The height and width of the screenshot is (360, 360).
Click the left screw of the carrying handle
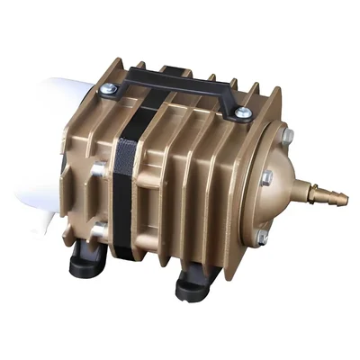tap(108, 88)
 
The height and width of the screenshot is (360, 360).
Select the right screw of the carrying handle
tap(243, 113)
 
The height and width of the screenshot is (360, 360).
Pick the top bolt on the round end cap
tap(286, 138)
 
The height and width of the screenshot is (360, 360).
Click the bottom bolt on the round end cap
tap(261, 236)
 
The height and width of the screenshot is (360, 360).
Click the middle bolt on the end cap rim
tap(267, 179)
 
